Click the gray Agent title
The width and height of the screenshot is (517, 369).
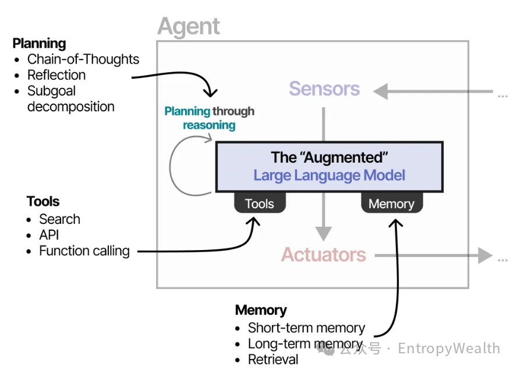pyautogui.click(x=189, y=27)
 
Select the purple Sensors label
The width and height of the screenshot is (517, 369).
pyautogui.click(x=324, y=89)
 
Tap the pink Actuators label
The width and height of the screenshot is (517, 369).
pyautogui.click(x=324, y=255)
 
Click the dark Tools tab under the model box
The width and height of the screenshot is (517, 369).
pyautogui.click(x=260, y=203)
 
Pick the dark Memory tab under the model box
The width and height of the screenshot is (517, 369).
pyautogui.click(x=392, y=203)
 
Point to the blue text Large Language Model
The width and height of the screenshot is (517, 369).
pyautogui.click(x=329, y=175)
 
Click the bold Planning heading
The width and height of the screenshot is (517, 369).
pyautogui.click(x=39, y=44)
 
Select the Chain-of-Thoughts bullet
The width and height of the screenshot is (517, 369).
pyautogui.click(x=83, y=59)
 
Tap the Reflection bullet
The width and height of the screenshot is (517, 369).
pyautogui.click(x=56, y=75)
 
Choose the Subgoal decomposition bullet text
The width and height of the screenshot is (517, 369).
pyautogui.click(x=71, y=99)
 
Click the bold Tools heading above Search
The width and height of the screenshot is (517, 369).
pyautogui.click(x=43, y=201)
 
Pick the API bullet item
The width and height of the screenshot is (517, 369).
pyautogui.click(x=49, y=235)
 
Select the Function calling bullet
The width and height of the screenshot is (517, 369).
pyautogui.click(x=84, y=251)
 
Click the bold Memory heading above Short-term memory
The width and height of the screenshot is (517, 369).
pyautogui.click(x=261, y=310)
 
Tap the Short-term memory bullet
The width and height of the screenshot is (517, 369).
pyautogui.click(x=307, y=328)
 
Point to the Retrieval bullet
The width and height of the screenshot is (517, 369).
pyautogui.click(x=273, y=360)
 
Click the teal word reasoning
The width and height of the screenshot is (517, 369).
pyautogui.click(x=209, y=125)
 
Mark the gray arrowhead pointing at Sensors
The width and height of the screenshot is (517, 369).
pyautogui.click(x=381, y=91)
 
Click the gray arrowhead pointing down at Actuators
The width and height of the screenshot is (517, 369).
pyautogui.click(x=324, y=234)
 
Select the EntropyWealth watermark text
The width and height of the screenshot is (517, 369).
pyautogui.click(x=449, y=349)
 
